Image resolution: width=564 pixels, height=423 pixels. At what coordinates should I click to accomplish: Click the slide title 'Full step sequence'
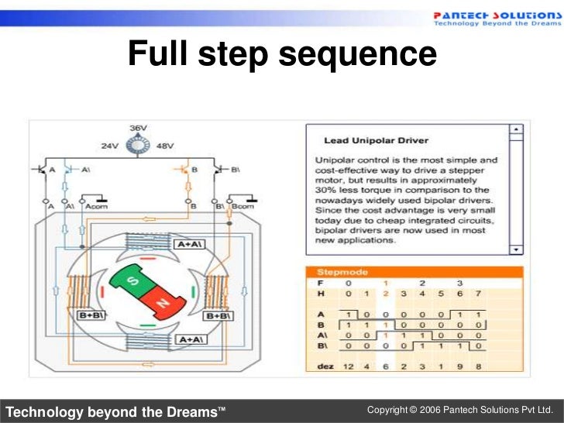click(x=282, y=54)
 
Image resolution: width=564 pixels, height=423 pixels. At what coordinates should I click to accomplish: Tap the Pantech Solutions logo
click(x=492, y=18)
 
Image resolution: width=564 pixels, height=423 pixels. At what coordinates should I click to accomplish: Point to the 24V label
click(x=110, y=145)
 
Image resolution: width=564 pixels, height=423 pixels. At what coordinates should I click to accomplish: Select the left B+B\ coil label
click(x=90, y=316)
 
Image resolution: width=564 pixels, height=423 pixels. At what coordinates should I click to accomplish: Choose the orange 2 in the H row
click(x=385, y=294)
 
